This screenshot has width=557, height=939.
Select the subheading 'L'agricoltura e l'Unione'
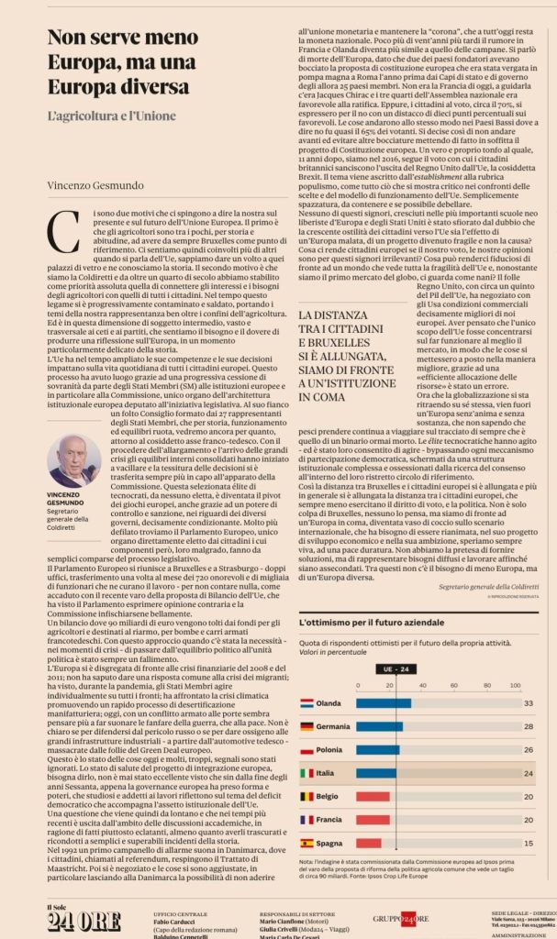[111, 117]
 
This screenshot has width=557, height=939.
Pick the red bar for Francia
[374, 819]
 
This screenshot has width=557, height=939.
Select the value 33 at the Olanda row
[528, 703]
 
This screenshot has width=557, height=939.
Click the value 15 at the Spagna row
[528, 842]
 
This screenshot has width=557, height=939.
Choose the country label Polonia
[330, 749]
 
